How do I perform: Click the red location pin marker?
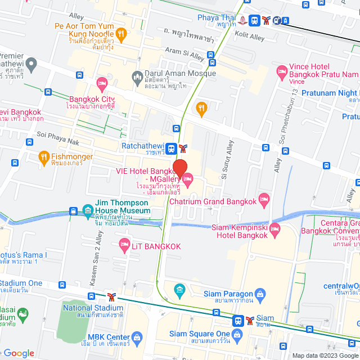pyautogui.click(x=179, y=168)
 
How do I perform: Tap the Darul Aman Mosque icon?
pyautogui.click(x=137, y=76)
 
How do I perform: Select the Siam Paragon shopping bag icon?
pyautogui.click(x=260, y=293)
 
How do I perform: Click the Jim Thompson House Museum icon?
pyautogui.click(x=88, y=211)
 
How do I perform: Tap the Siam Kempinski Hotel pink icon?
pyautogui.click(x=274, y=228)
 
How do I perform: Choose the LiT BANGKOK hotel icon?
pyautogui.click(x=124, y=244)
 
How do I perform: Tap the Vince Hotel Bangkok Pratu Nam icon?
pyautogui.click(x=281, y=71)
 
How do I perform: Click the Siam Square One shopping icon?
pyautogui.click(x=237, y=335)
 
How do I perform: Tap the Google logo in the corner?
pyautogui.click(x=19, y=353)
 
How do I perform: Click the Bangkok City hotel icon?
pyautogui.click(x=102, y=84)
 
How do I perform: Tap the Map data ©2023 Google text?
pyautogui.click(x=324, y=355)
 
